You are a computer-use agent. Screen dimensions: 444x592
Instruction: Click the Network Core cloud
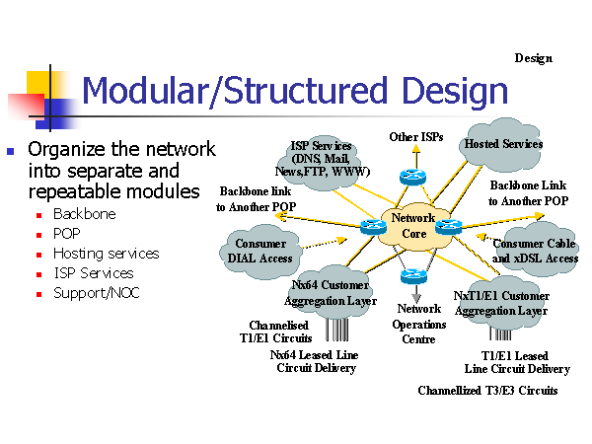(413, 227)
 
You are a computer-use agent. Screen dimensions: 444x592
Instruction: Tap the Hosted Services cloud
(503, 144)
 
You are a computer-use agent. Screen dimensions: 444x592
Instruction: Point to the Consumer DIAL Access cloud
(260, 251)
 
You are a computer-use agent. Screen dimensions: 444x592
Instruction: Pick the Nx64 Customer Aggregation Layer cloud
(331, 292)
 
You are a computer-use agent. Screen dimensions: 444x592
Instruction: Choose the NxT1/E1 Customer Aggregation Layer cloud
(501, 301)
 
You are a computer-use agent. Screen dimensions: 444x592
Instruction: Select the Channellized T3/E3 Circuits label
(487, 391)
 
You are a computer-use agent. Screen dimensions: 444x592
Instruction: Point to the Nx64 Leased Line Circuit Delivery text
(315, 361)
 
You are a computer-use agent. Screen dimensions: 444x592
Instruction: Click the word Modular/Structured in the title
(230, 92)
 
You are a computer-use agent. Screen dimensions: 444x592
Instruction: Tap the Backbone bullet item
(84, 214)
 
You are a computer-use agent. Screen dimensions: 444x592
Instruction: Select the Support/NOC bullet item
(95, 293)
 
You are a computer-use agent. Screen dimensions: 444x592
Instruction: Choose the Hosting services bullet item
(106, 254)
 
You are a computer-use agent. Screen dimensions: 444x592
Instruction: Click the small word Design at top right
(533, 58)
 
